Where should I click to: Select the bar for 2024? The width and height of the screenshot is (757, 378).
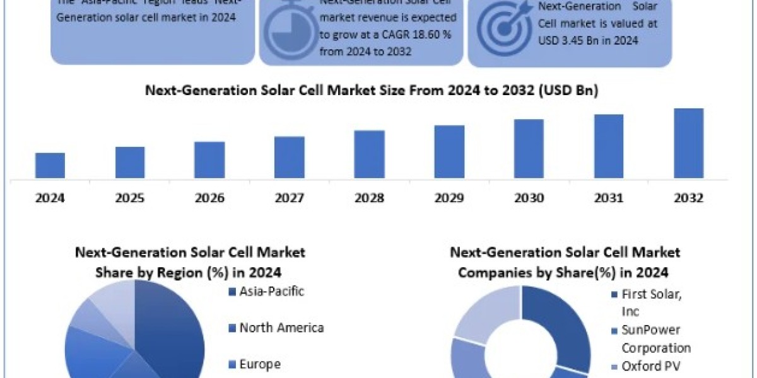(x=50, y=165)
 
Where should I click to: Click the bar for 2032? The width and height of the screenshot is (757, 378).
(x=688, y=143)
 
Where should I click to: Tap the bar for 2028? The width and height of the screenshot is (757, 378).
(x=369, y=154)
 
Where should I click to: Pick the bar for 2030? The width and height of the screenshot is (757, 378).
(x=529, y=149)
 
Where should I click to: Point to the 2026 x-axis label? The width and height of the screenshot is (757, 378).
(x=209, y=198)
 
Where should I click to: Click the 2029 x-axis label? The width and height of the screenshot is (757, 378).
(x=449, y=198)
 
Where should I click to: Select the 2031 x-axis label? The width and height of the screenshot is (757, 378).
(x=609, y=198)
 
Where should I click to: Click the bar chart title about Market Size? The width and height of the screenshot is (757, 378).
(x=372, y=91)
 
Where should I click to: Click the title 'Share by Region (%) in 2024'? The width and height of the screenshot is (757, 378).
(x=189, y=273)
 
